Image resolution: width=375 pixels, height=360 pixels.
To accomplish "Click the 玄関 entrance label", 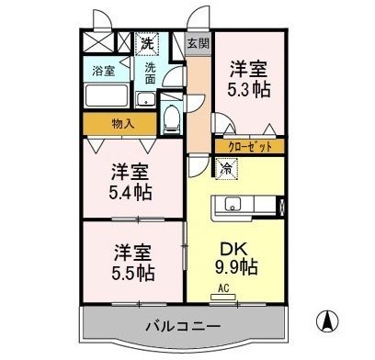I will click(x=197, y=42).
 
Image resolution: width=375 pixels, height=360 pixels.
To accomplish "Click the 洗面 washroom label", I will click(x=150, y=73).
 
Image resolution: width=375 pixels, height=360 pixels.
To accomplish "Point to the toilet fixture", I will click(x=171, y=117).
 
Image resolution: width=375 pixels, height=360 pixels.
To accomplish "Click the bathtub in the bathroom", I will click(x=108, y=96).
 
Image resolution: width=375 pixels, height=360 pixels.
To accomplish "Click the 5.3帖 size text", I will click(x=249, y=90).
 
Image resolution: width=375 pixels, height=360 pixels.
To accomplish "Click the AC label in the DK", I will click(x=224, y=287).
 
